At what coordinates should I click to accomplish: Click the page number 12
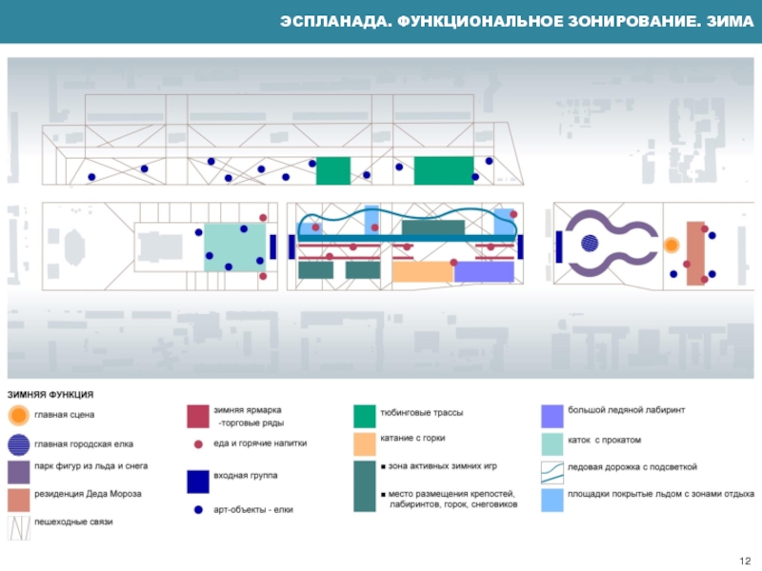point(745,559)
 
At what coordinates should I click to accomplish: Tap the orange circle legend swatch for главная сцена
point(19,416)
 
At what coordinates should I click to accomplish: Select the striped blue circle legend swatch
point(19,443)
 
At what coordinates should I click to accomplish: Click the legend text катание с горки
point(412,439)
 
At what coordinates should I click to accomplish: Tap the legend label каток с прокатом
point(605,440)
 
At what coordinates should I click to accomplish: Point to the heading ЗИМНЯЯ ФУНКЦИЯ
point(51,394)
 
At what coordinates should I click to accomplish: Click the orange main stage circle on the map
point(672,246)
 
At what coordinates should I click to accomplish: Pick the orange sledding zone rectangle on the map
point(422,272)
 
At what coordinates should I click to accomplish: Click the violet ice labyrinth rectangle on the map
point(484,272)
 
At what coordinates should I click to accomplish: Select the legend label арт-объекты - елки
point(252,510)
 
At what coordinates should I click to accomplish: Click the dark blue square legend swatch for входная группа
point(198,481)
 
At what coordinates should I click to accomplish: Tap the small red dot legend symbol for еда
point(198,443)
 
